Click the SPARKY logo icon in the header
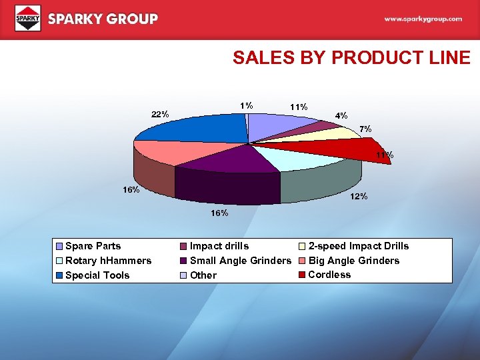point(28,18)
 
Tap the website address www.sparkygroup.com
point(423,19)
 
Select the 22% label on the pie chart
point(160,114)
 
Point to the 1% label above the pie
point(247,105)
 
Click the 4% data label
point(341,115)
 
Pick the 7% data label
point(366,128)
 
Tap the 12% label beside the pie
point(360,197)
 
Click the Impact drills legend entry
point(219,246)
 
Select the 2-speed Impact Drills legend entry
point(359,246)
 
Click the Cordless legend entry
point(329,275)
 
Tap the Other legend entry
point(203,275)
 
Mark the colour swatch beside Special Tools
point(60,275)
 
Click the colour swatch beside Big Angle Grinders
point(302,261)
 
